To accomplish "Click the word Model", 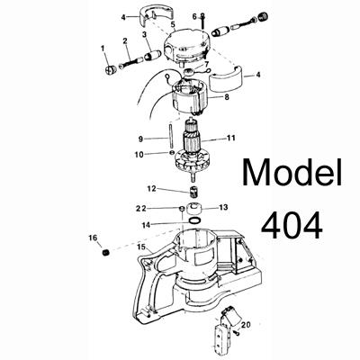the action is [x=292, y=173].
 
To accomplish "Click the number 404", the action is [x=292, y=225].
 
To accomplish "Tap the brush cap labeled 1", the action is [x=111, y=70].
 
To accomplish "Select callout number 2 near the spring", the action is [x=125, y=40].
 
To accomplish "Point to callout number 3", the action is [x=144, y=35].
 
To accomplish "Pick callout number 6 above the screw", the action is [x=194, y=16].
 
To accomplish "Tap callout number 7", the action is [x=206, y=64].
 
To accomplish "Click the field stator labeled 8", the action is [x=189, y=98].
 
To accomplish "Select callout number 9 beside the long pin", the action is [x=140, y=139].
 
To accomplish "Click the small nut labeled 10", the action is [x=171, y=153].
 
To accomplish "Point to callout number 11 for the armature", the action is [x=231, y=139].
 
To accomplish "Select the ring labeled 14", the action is [x=193, y=220].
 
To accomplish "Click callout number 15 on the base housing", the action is [x=141, y=247].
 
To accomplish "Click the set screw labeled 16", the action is [x=105, y=253].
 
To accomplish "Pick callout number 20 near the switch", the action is [x=246, y=325].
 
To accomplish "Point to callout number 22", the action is [x=141, y=209].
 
